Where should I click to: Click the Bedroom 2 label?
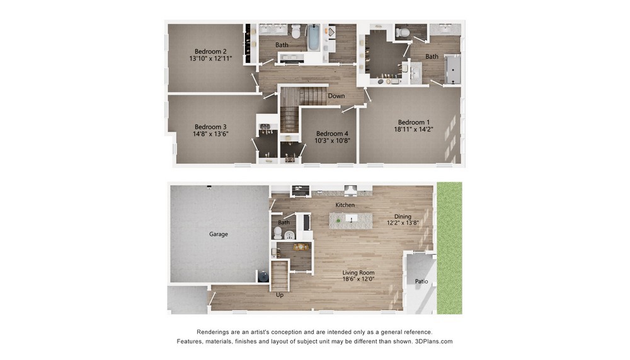pyautogui.click(x=210, y=51)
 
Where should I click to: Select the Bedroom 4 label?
pyautogui.click(x=332, y=134)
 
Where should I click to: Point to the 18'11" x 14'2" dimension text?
pyautogui.click(x=414, y=129)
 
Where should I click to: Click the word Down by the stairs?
pyautogui.click(x=336, y=96)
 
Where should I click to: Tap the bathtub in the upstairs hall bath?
pyautogui.click(x=313, y=38)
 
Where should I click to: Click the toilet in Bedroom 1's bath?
pyautogui.click(x=403, y=32)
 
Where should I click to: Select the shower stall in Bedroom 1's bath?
pyautogui.click(x=453, y=69)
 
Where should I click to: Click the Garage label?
pyautogui.click(x=219, y=234)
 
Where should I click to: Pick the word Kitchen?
pyautogui.click(x=345, y=205)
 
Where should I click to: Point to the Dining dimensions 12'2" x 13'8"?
pyautogui.click(x=403, y=223)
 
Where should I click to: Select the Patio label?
pyautogui.click(x=421, y=281)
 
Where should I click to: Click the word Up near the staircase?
pyautogui.click(x=280, y=294)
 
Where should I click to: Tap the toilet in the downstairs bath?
pyautogui.click(x=278, y=233)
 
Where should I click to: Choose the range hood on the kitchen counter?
pyautogui.click(x=350, y=189)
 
